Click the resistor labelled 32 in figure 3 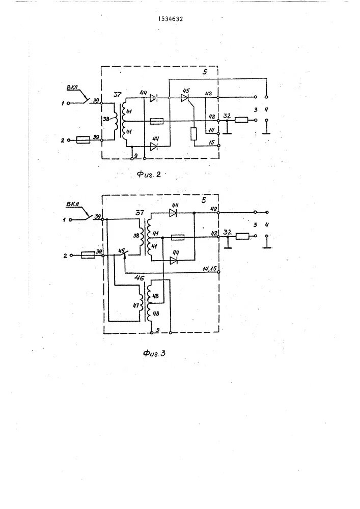click(242, 236)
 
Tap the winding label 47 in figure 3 click(135, 306)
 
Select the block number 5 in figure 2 click(206, 73)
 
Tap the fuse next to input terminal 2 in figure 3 click(88, 256)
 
